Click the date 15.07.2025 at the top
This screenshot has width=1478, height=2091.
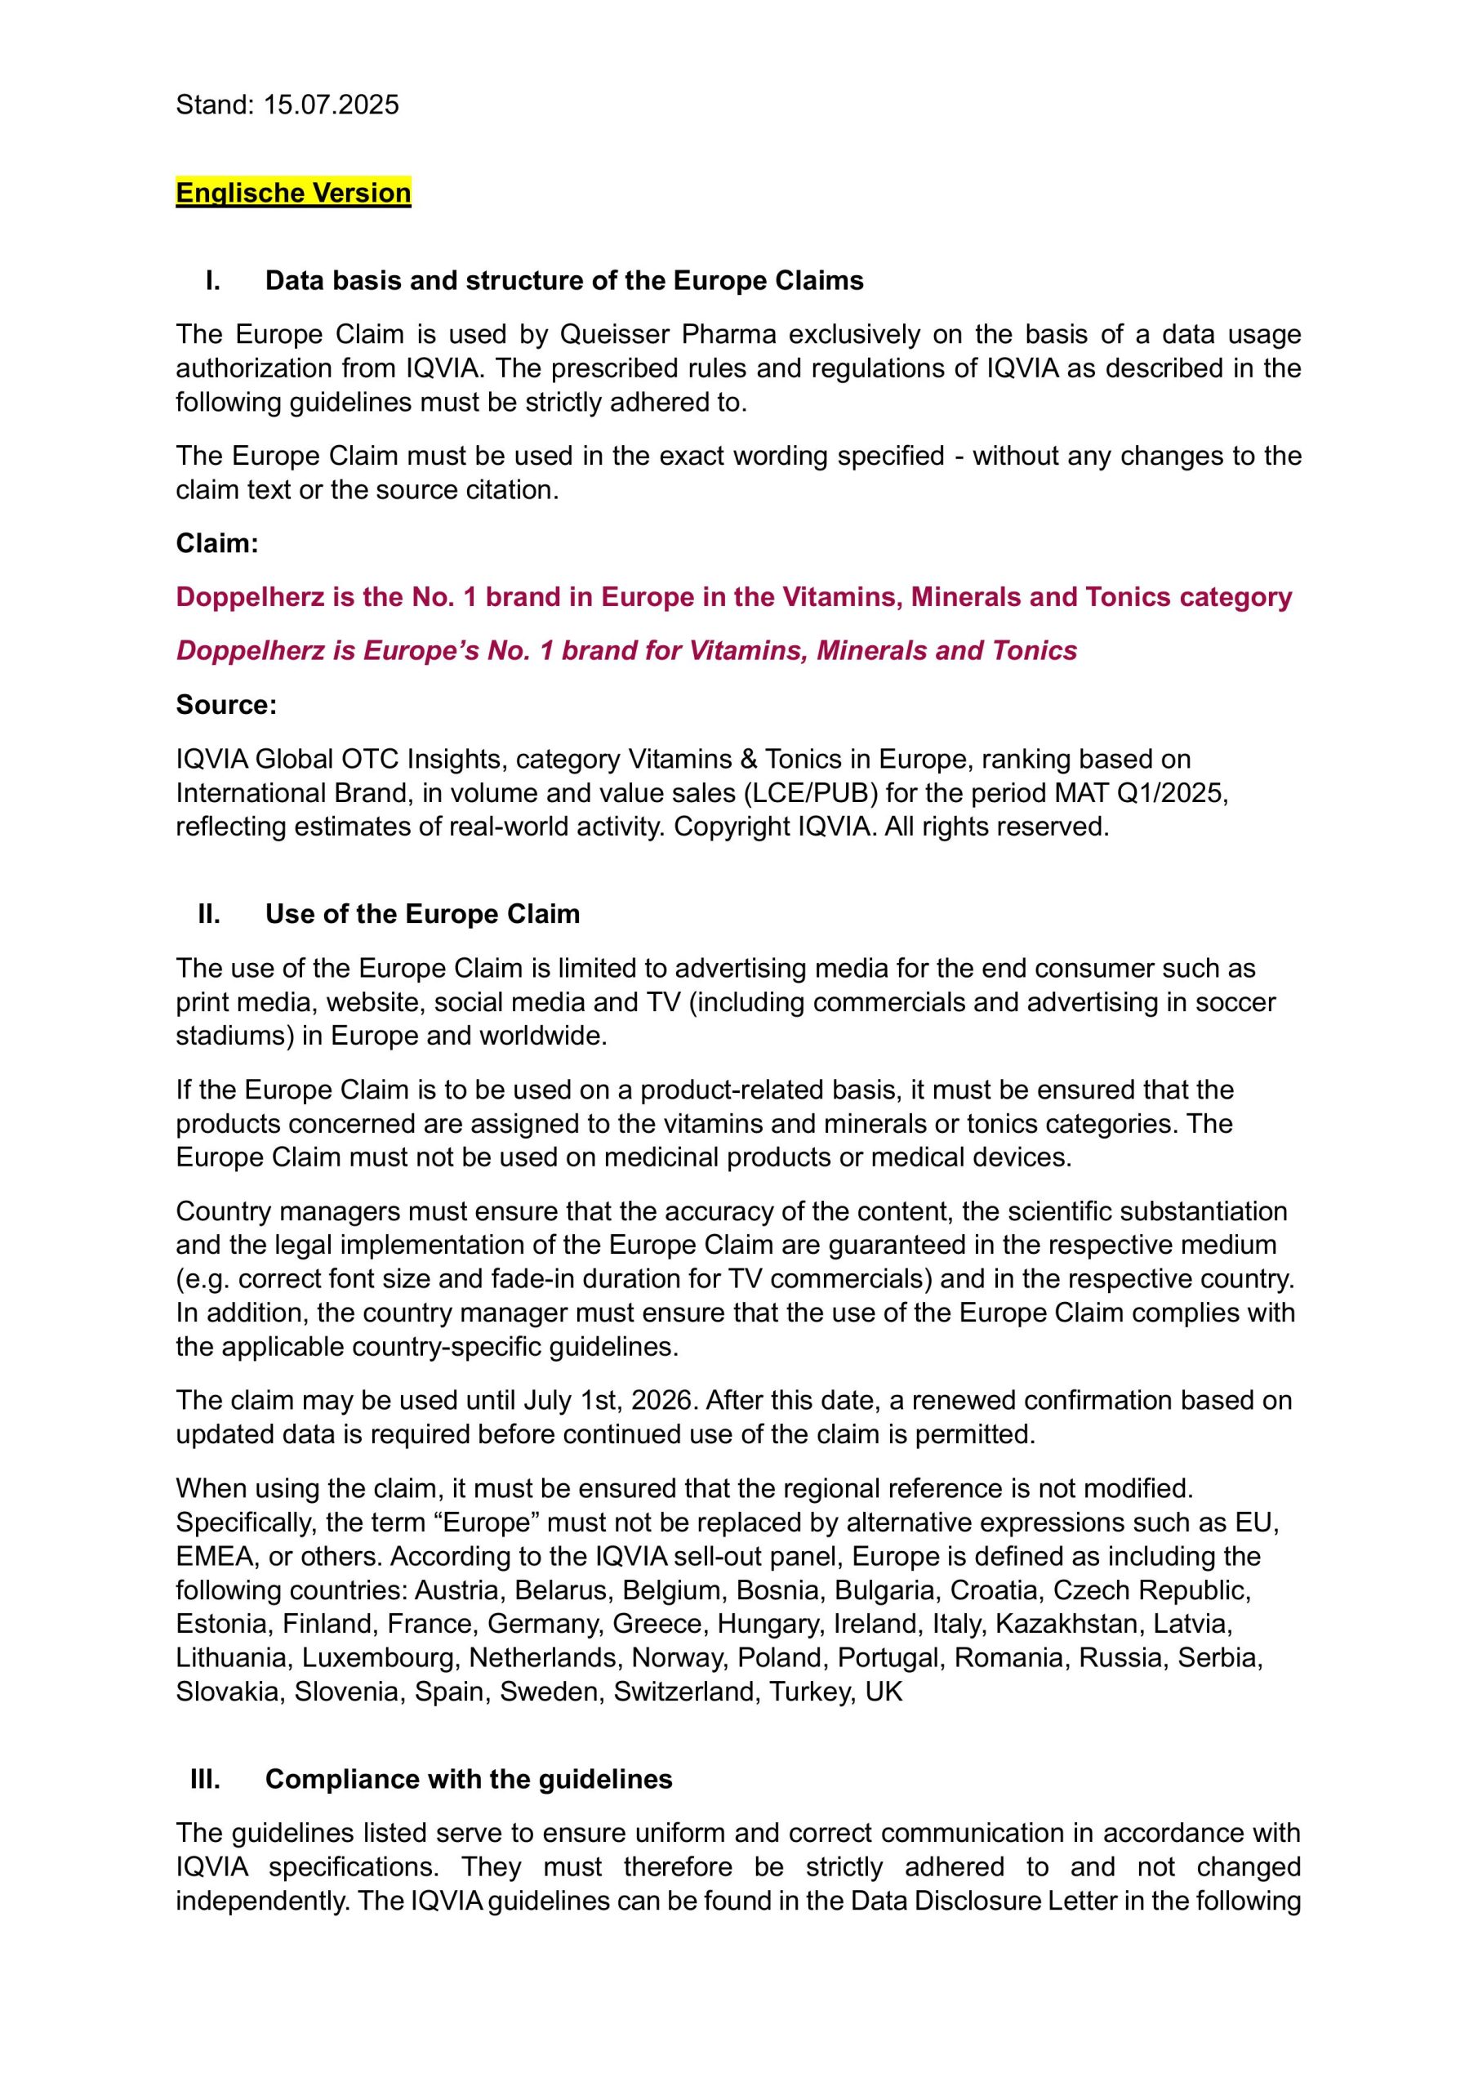point(331,105)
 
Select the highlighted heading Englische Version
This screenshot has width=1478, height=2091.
point(293,193)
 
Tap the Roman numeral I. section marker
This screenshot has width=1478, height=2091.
point(212,280)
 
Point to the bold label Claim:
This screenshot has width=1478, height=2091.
point(216,544)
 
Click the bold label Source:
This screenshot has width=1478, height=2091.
point(226,705)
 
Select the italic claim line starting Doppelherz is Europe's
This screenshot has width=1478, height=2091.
point(626,651)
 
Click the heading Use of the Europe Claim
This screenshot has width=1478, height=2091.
point(422,914)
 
